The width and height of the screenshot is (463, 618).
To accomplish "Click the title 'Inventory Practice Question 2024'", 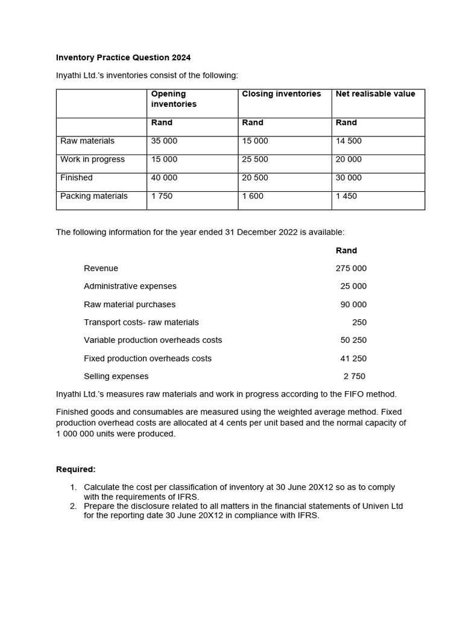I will coord(123,58).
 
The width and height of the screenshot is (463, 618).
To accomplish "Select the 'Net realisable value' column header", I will coord(375,94).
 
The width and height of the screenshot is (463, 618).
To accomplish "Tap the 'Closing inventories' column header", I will coord(281,94).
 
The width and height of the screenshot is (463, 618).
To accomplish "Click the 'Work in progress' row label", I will coord(92,159).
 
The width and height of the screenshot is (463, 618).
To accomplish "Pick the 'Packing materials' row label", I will coord(94,196).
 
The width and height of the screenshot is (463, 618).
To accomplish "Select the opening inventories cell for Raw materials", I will coord(164,141).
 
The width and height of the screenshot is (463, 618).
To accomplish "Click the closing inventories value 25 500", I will coord(255,159).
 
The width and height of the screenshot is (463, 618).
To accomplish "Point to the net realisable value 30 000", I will coord(348,178).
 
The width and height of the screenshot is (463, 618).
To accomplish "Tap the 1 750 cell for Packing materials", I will coord(162,196).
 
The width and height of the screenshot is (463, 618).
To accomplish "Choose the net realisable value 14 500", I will coord(348,141).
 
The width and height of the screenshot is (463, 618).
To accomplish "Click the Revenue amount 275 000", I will coord(351,269).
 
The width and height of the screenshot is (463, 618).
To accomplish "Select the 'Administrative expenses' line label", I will coord(130,286).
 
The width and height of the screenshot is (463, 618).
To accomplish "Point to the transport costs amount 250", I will coord(359,322).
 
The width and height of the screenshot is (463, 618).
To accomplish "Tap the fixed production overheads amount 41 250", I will coord(353,358).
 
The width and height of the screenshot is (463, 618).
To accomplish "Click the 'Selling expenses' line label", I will coord(116,377).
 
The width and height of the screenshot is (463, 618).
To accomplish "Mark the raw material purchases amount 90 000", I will coord(353,305).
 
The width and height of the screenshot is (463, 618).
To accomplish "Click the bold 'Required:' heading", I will coord(76,470).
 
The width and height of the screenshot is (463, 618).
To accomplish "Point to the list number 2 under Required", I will coord(73,506).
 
